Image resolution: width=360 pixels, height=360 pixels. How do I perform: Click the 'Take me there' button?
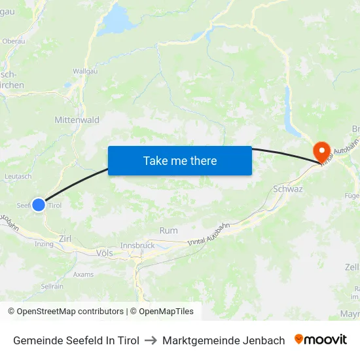click(x=180, y=160)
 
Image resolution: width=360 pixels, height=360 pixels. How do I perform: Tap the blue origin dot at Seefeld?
click(x=39, y=205)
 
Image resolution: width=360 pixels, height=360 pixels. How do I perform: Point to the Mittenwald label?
click(x=77, y=120)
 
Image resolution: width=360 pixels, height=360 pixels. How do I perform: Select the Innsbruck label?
click(x=137, y=245)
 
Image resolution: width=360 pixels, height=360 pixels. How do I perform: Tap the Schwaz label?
click(x=287, y=189)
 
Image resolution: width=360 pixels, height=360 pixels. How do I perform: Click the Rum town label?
click(x=168, y=230)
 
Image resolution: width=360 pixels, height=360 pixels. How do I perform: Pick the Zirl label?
click(x=65, y=239)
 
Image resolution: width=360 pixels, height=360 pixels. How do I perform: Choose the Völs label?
click(x=104, y=252)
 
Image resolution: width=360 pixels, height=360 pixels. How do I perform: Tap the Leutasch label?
click(x=18, y=176)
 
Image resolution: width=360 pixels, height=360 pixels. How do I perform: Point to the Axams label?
click(x=83, y=274)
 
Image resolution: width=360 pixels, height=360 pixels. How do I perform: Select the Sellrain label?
click(x=52, y=286)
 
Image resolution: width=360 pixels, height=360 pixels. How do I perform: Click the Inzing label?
click(x=44, y=243)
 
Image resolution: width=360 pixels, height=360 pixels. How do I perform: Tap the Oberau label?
click(x=14, y=41)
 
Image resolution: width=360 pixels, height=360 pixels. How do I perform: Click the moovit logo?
click(x=321, y=340)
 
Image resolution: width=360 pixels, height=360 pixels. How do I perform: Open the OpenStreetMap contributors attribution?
click(x=66, y=312)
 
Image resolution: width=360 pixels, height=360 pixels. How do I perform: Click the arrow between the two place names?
click(x=151, y=340)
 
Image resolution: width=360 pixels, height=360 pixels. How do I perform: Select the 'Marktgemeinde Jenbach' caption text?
click(x=224, y=340)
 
